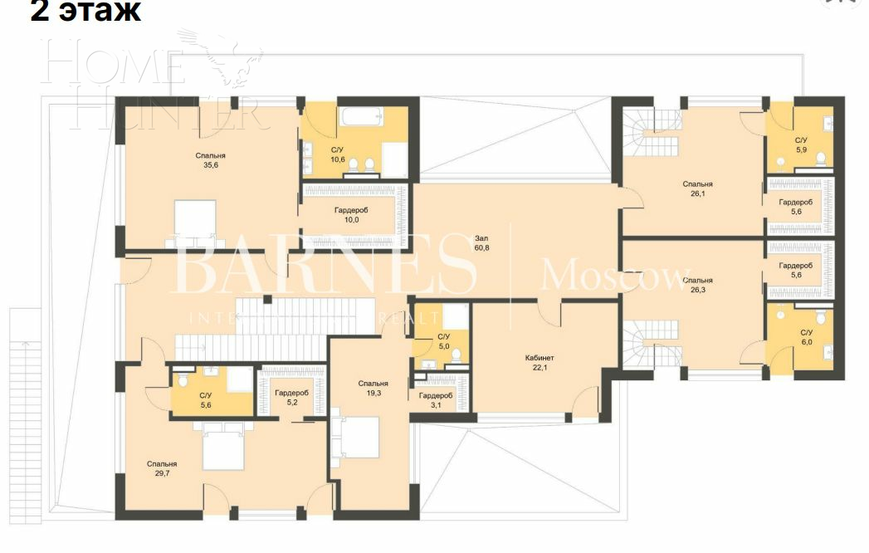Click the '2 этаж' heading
(85, 12)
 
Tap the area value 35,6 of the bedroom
(210, 165)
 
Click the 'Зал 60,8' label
(481, 242)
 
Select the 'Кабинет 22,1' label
(540, 362)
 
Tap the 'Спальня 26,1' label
(697, 189)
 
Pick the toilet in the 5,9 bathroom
(820, 159)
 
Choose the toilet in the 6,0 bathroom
(820, 316)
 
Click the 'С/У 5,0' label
(443, 341)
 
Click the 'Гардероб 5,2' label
(291, 398)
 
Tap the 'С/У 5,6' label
(205, 400)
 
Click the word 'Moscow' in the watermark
(615, 275)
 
